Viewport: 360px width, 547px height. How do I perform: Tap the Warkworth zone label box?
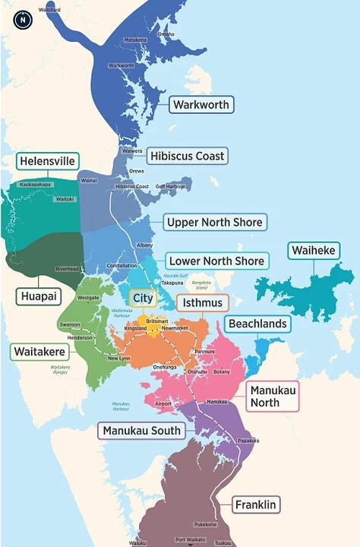(x=201, y=105)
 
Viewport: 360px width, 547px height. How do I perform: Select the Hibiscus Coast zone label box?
(x=188, y=156)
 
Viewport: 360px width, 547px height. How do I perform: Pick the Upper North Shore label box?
(x=215, y=223)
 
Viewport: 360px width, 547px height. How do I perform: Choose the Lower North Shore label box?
(x=216, y=261)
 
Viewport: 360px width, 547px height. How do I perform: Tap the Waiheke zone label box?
(x=312, y=251)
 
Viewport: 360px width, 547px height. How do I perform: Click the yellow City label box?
(x=142, y=297)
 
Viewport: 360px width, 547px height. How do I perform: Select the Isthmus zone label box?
(x=203, y=303)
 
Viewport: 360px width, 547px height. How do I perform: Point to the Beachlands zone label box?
(x=257, y=324)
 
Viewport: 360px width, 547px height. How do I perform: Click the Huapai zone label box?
(x=39, y=296)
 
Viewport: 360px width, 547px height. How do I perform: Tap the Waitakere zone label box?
(x=39, y=351)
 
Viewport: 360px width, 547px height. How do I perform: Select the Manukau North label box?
(x=273, y=396)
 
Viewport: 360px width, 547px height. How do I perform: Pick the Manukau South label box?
(x=142, y=431)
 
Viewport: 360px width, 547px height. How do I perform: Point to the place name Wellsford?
(x=49, y=10)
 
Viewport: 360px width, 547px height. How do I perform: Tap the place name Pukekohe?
(x=206, y=524)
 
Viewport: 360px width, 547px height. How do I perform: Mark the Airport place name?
(x=163, y=403)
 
